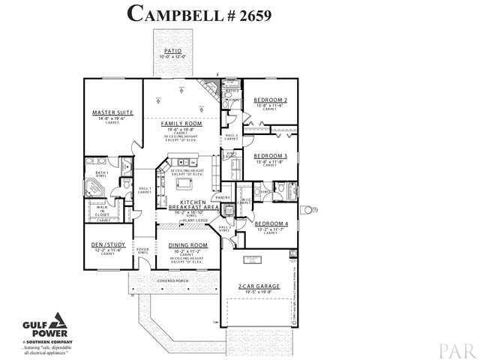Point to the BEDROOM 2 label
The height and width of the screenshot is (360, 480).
point(268,100)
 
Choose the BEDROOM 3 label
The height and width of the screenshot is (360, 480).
point(268,155)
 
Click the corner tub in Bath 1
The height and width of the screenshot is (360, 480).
point(96,186)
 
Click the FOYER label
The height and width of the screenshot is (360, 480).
point(142,250)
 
